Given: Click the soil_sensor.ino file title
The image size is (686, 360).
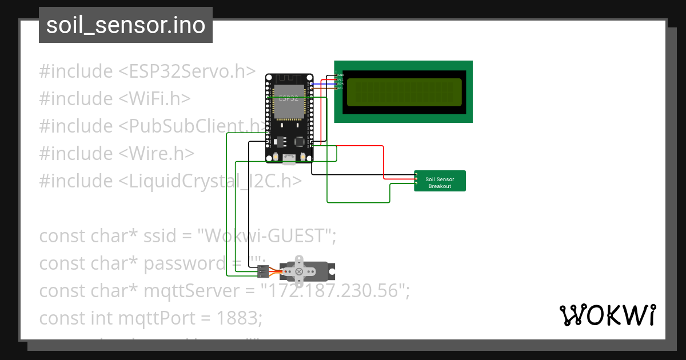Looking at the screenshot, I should (126, 26).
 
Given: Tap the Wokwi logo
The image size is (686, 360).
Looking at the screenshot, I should (607, 315).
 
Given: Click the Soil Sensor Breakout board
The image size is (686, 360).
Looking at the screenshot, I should (440, 181).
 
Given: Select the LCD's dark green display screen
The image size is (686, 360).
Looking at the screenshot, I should (404, 92).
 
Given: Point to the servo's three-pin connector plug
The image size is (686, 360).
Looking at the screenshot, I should (262, 271).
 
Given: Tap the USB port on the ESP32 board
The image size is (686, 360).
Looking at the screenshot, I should (289, 161).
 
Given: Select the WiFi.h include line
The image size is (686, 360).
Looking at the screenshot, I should (114, 98).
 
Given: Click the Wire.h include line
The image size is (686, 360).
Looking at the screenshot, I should (117, 153).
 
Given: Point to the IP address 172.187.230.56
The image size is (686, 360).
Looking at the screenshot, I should (334, 290).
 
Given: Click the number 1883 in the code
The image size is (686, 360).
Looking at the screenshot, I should (238, 318).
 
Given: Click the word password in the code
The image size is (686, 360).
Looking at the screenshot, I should (185, 263).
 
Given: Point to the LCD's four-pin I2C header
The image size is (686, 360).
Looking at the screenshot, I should (336, 82).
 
